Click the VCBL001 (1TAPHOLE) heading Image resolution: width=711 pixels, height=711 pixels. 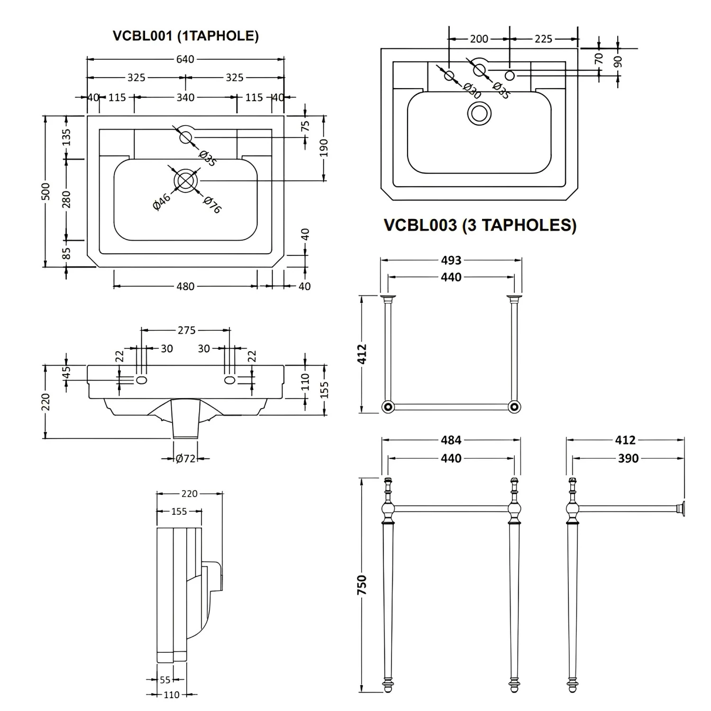click(x=185, y=36)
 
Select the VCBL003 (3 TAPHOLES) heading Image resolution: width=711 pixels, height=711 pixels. click(x=480, y=225)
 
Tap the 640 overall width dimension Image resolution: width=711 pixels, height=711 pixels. click(x=185, y=59)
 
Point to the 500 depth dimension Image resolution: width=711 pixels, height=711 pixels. click(x=46, y=191)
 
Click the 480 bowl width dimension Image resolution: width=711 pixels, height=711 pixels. click(x=185, y=286)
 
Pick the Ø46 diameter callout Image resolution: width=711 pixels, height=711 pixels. click(x=161, y=202)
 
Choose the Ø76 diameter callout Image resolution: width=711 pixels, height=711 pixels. click(x=212, y=205)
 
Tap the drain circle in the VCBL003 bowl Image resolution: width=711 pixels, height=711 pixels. click(x=479, y=114)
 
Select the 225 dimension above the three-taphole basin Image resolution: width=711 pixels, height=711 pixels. click(x=543, y=39)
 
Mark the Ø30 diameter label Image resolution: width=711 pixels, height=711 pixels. click(x=472, y=91)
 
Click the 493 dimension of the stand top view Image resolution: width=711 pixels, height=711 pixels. click(x=451, y=260)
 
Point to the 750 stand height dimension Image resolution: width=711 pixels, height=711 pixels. click(x=362, y=585)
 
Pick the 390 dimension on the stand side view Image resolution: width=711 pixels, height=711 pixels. click(x=628, y=458)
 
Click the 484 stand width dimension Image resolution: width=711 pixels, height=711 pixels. click(x=451, y=440)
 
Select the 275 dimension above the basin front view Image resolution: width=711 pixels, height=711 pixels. click(x=186, y=330)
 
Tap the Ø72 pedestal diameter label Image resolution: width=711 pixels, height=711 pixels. click(x=185, y=458)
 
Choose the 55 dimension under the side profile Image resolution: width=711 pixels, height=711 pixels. click(x=165, y=680)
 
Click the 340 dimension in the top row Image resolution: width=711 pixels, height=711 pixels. click(x=185, y=97)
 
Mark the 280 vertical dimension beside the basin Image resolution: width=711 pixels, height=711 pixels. click(x=66, y=199)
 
